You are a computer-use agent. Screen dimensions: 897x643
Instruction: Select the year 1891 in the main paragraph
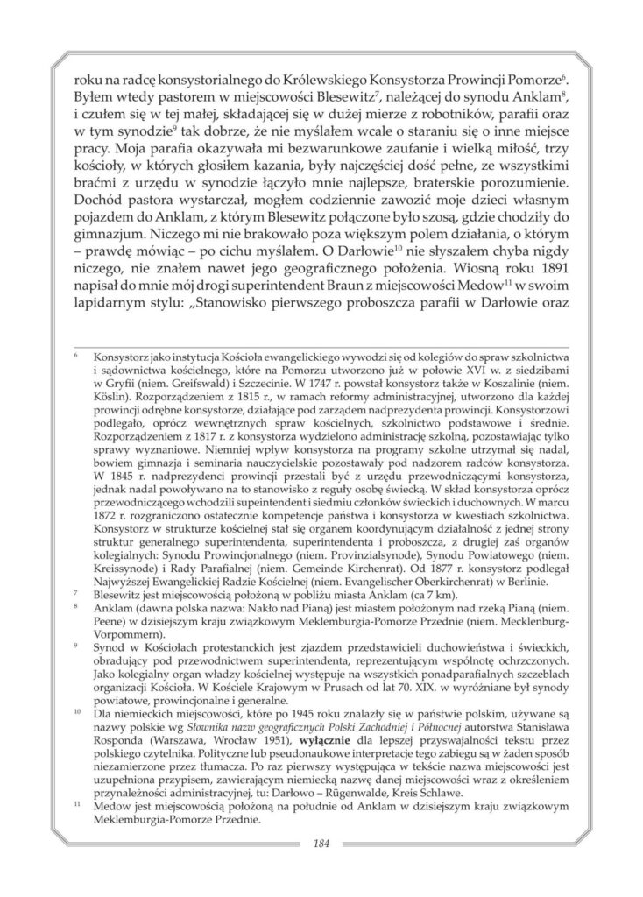point(550,260)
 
